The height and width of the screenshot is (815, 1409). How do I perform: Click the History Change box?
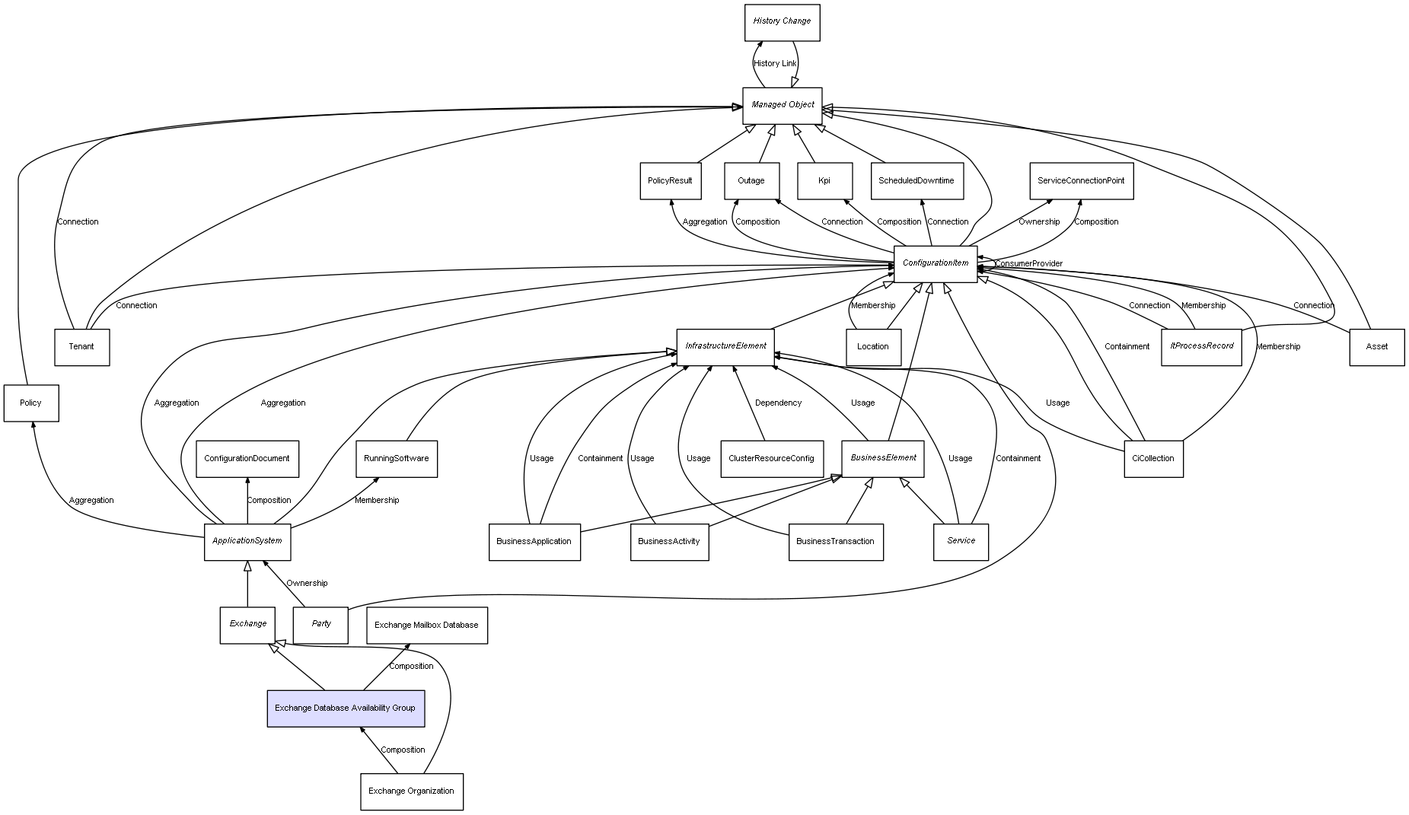click(x=782, y=22)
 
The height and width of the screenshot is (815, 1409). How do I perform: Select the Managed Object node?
click(x=782, y=105)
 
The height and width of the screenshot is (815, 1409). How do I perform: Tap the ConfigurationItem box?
click(x=935, y=263)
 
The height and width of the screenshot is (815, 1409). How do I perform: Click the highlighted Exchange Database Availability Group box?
click(x=345, y=708)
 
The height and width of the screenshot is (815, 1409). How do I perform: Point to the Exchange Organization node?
click(x=411, y=791)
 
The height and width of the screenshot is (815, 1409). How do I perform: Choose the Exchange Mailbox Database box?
click(x=426, y=626)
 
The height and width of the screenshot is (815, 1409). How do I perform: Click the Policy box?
click(x=31, y=403)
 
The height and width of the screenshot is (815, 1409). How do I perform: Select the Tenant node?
click(x=81, y=347)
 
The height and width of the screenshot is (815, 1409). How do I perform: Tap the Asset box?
click(x=1376, y=347)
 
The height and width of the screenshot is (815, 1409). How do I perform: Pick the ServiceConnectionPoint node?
click(x=1081, y=181)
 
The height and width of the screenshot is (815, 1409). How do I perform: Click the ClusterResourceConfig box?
click(x=771, y=459)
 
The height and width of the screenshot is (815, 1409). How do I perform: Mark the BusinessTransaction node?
click(x=835, y=542)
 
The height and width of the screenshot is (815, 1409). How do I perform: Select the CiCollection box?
click(x=1153, y=459)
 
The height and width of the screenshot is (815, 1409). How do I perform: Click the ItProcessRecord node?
click(x=1201, y=347)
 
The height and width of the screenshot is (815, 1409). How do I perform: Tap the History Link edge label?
click(x=775, y=64)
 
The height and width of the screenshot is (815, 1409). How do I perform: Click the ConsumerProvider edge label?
click(x=1028, y=264)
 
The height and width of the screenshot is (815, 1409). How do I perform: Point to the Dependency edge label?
click(x=778, y=403)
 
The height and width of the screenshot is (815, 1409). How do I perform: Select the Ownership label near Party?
click(x=307, y=584)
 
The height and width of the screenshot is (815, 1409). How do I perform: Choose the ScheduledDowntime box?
click(x=916, y=181)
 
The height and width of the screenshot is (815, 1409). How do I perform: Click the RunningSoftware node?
click(x=396, y=459)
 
